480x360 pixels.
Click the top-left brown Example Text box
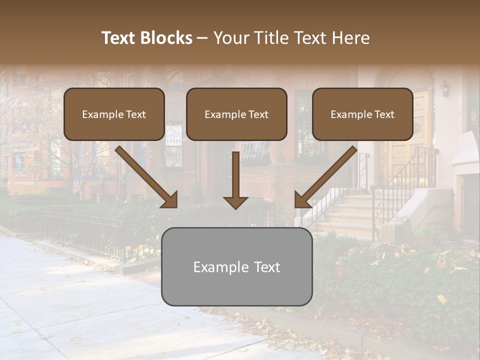(114, 114)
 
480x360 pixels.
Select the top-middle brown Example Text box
(236, 114)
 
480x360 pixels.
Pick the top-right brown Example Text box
(362, 114)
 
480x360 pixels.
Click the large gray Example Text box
(236, 266)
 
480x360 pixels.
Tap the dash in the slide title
(202, 38)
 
